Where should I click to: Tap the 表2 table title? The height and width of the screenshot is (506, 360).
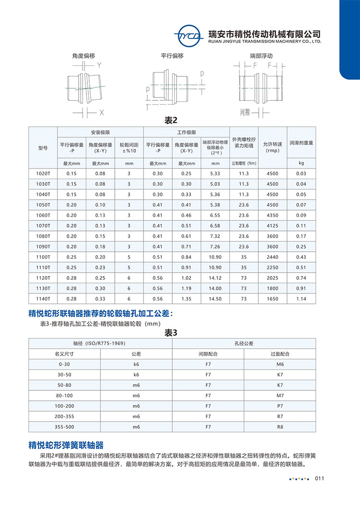pyautogui.click(x=171, y=120)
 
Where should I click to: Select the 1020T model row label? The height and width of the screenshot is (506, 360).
pyautogui.click(x=43, y=173)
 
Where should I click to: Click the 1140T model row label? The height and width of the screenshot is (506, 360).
pyautogui.click(x=43, y=299)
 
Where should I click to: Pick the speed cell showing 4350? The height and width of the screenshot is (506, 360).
pyautogui.click(x=272, y=215)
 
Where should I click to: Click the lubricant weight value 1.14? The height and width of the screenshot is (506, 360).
pyautogui.click(x=301, y=299)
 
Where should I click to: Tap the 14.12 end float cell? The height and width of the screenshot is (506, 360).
pyautogui.click(x=215, y=278)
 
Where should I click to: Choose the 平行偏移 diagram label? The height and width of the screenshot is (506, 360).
pyautogui.click(x=172, y=56)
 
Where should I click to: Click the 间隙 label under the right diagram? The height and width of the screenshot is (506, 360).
pyautogui.click(x=245, y=112)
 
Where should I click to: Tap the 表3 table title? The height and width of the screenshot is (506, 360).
pyautogui.click(x=171, y=332)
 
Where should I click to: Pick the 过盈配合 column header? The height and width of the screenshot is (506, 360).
pyautogui.click(x=280, y=354)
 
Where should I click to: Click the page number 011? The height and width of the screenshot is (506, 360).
pyautogui.click(x=321, y=479)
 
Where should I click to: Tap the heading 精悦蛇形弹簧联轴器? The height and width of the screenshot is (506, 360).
pyautogui.click(x=66, y=444)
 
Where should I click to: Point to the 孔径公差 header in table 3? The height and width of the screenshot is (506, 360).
pyautogui.click(x=244, y=343)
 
